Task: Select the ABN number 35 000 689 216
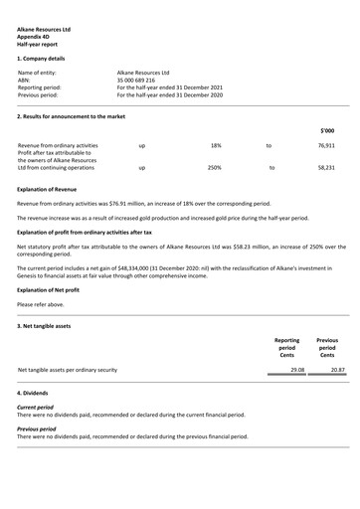[138, 81]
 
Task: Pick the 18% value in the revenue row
[216, 145]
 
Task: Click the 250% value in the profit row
[214, 168]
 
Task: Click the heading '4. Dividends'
[35, 394]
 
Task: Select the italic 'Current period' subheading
[36, 408]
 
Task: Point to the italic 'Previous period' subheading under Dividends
[37, 429]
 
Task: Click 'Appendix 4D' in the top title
[35, 37]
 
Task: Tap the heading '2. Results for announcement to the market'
[76, 116]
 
